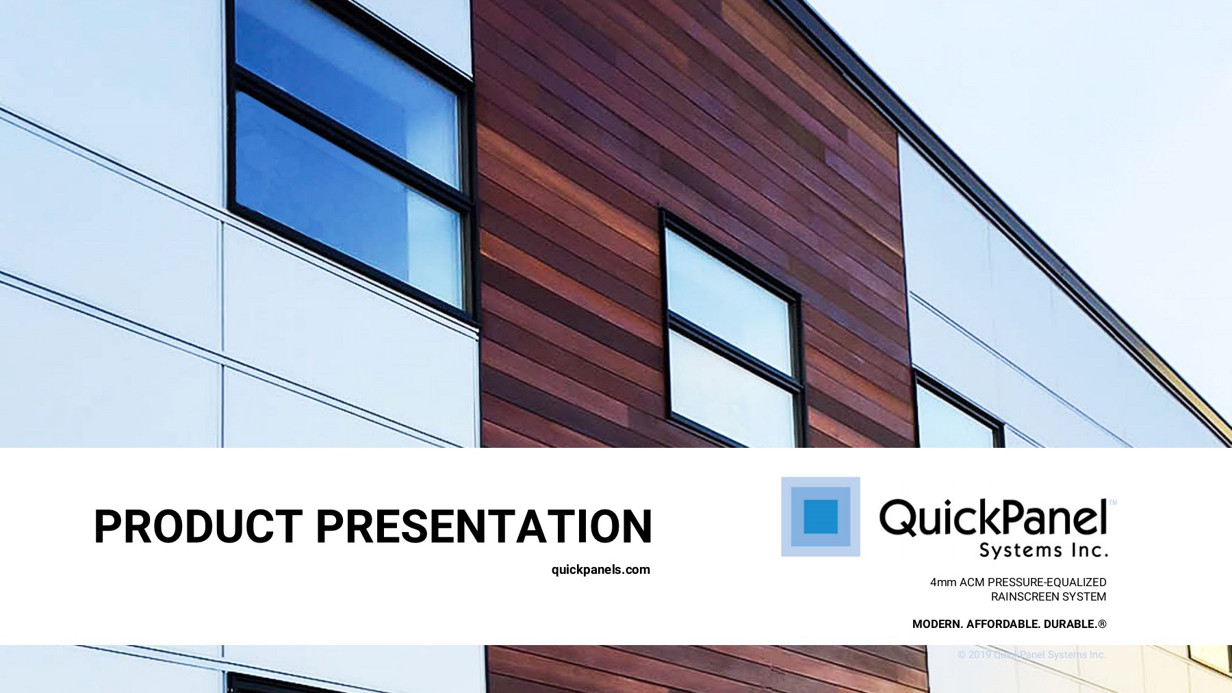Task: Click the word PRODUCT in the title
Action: [x=198, y=527]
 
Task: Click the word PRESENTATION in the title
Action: [x=484, y=527]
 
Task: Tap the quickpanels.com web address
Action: [x=600, y=570]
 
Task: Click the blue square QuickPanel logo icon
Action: [x=820, y=516]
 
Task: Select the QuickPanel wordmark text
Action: [x=992, y=518]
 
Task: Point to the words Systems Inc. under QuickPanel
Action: [x=1042, y=550]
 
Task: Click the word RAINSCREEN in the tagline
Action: [x=1018, y=597]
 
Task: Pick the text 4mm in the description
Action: [x=942, y=583]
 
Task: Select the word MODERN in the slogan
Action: [x=937, y=625]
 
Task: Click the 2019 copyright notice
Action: [x=1031, y=655]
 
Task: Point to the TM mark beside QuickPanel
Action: [x=1112, y=503]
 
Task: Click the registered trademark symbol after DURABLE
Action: [x=1102, y=624]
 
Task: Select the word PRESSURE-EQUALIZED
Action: [x=1047, y=583]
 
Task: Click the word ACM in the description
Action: [x=971, y=583]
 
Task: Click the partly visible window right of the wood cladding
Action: [x=955, y=414]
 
